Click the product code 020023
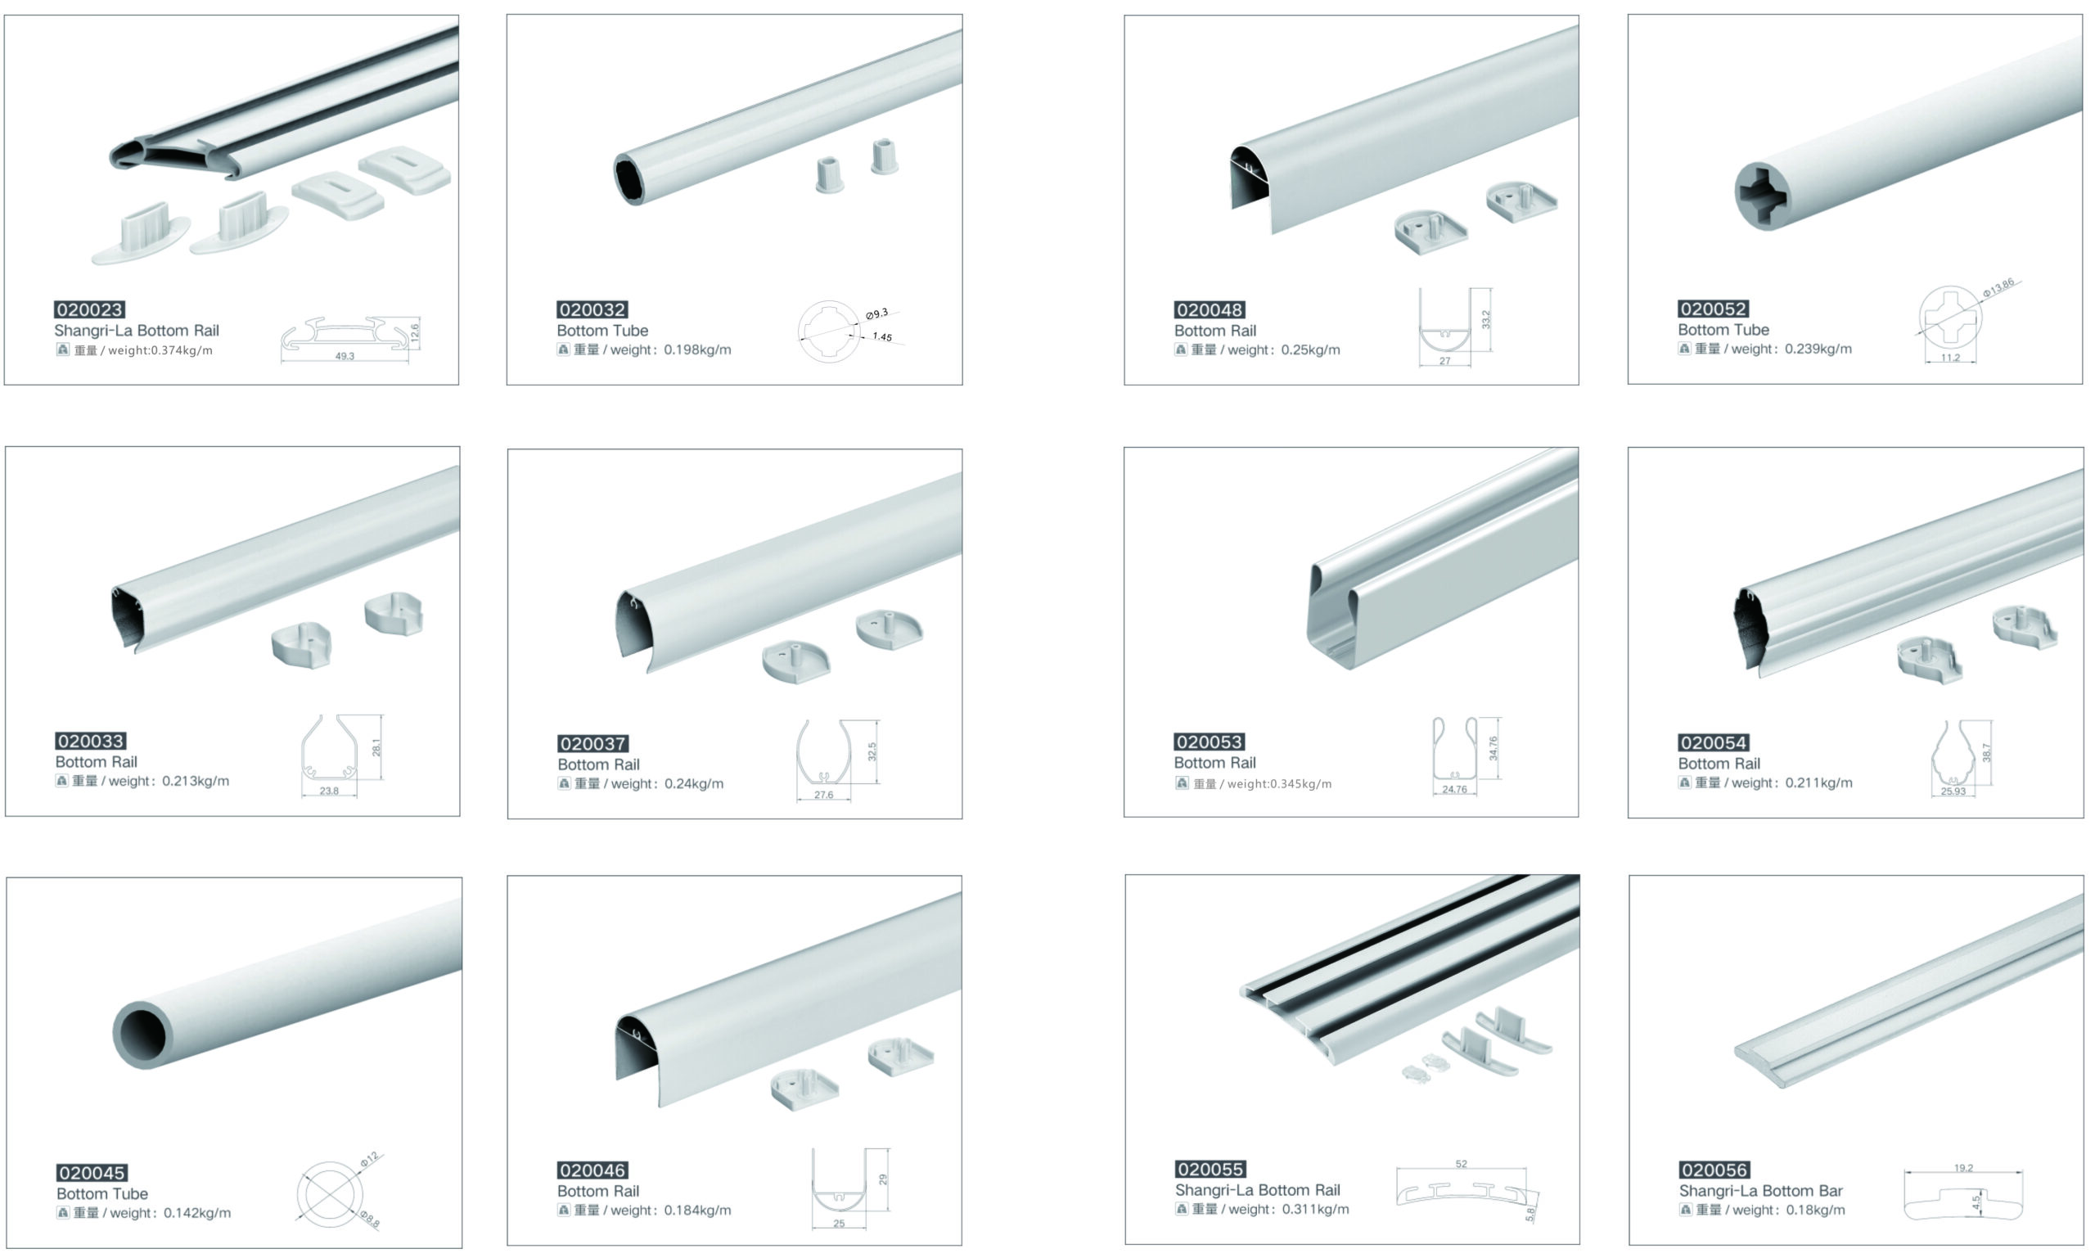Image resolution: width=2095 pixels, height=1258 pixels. click(90, 309)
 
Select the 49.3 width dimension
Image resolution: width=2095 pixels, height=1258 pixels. click(344, 356)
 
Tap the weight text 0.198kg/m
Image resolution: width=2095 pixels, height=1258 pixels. click(696, 350)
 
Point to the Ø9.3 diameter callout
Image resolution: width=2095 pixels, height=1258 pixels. click(877, 313)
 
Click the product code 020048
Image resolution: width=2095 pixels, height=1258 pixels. click(1210, 309)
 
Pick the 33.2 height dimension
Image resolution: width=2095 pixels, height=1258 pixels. click(1485, 319)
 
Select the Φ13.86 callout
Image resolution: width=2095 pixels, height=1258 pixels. click(1998, 287)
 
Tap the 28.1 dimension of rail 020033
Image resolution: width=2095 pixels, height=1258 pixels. click(376, 746)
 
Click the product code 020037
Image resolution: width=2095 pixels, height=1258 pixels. click(592, 743)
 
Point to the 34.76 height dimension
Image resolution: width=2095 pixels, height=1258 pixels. click(1494, 748)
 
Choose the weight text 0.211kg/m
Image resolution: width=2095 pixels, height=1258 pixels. click(1818, 783)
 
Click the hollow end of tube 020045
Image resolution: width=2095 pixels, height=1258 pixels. click(143, 1035)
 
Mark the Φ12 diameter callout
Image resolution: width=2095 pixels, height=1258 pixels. click(370, 1160)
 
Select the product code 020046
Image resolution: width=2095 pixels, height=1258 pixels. click(592, 1170)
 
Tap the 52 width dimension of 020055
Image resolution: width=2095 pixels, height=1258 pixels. click(1461, 1164)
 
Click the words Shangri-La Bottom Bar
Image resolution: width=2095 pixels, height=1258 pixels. click(1760, 1191)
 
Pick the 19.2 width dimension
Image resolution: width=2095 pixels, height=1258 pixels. click(1962, 1168)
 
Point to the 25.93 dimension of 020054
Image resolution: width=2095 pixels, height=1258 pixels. click(1953, 791)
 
